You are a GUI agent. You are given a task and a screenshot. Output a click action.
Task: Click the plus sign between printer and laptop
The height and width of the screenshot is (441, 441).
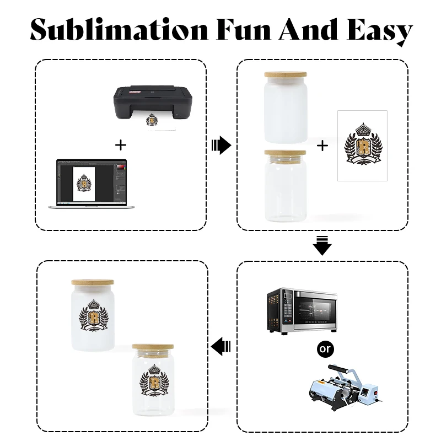pos(120,145)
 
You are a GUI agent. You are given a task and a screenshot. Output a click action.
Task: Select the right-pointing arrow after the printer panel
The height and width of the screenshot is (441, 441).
pos(221,146)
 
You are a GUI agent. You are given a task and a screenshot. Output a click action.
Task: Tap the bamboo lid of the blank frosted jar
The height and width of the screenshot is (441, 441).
pos(284,76)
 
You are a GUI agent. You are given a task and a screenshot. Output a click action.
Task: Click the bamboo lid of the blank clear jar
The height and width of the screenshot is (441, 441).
pos(284,153)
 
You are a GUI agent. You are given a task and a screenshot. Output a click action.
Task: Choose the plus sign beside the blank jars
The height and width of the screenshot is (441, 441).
pos(322,146)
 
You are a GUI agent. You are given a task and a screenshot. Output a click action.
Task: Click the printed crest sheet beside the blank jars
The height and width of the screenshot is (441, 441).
pos(362,145)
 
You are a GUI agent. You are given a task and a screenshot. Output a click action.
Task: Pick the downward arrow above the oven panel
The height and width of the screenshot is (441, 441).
pos(322,245)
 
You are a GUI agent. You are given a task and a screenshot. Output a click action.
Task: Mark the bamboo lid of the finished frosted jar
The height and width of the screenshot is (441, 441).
pos(93,282)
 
